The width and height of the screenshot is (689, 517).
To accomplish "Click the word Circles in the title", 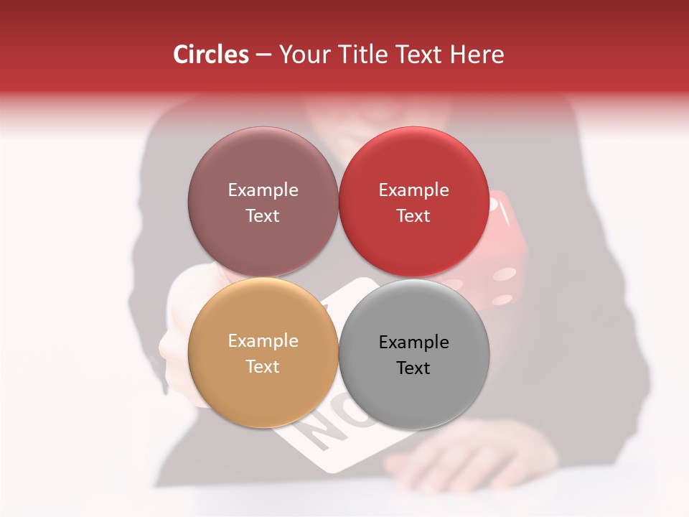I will [x=211, y=55].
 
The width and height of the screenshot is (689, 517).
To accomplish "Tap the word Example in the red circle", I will [x=413, y=190].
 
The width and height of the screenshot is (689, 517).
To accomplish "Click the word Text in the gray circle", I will [x=413, y=368].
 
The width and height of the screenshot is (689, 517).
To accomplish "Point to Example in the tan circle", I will [x=263, y=341].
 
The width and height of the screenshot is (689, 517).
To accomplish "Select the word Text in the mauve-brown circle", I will [x=263, y=215].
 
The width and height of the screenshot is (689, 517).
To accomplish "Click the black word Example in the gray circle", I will [x=413, y=343].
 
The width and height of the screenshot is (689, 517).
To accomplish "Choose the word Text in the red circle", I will [x=413, y=215].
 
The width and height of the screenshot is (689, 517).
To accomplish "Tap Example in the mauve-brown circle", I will [x=263, y=190].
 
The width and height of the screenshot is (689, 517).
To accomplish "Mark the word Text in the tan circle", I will [x=263, y=366].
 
